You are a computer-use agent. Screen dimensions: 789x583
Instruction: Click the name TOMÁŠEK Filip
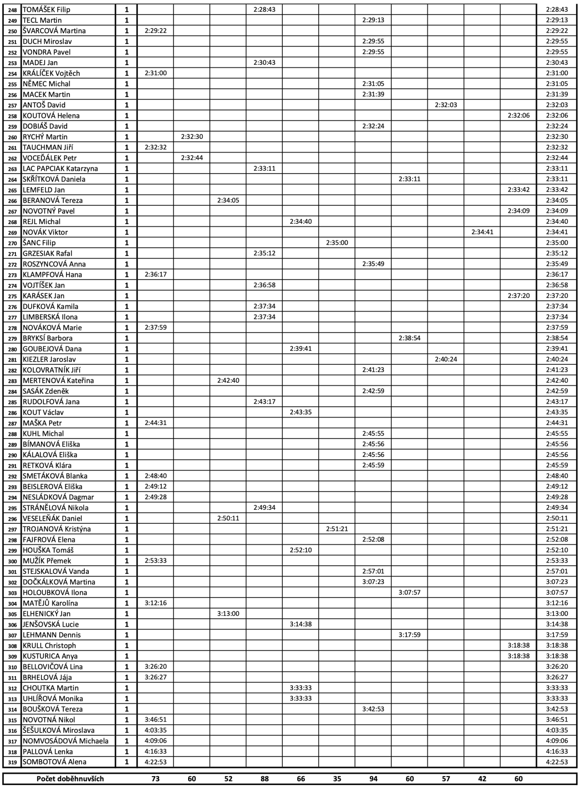pyautogui.click(x=46, y=10)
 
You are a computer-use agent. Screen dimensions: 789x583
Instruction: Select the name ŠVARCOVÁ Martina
pyautogui.click(x=54, y=31)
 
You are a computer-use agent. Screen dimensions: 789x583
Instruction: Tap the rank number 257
pyautogui.click(x=12, y=105)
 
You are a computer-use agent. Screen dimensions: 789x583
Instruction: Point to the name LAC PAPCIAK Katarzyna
pyautogui.click(x=60, y=169)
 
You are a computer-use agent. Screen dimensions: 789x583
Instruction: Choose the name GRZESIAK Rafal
pyautogui.click(x=47, y=253)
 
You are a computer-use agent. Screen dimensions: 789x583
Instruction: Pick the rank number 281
pyautogui.click(x=12, y=359)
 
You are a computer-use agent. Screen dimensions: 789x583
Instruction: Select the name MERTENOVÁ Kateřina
pyautogui.click(x=58, y=380)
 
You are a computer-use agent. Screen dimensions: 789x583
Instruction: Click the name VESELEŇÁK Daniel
pyautogui.click(x=52, y=518)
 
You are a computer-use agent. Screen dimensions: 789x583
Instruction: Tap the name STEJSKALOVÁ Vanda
pyautogui.click(x=56, y=571)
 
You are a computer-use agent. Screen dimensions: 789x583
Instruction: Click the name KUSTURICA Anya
pyautogui.click(x=50, y=656)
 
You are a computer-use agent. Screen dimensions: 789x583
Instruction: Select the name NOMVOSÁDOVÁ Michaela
pyautogui.click(x=66, y=741)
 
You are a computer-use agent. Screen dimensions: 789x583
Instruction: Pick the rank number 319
pyautogui.click(x=12, y=762)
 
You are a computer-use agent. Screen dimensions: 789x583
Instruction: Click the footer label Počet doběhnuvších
pyautogui.click(x=70, y=779)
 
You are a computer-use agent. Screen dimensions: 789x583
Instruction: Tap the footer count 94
pyautogui.click(x=373, y=779)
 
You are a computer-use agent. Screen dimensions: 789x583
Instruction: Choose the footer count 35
pyautogui.click(x=337, y=779)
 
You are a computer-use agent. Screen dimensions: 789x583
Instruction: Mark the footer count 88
pyautogui.click(x=265, y=779)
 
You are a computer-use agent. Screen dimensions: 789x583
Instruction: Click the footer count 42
pyautogui.click(x=482, y=779)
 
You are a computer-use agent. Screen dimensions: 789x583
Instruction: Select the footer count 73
pyautogui.click(x=155, y=779)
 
